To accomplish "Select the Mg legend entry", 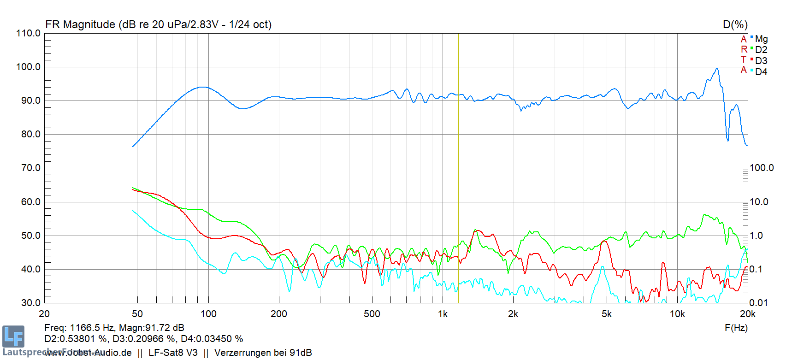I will pyautogui.click(x=761, y=39).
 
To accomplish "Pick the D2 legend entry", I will pyautogui.click(x=761, y=50).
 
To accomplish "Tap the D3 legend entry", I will pyautogui.click(x=761, y=61).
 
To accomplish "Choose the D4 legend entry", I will pyautogui.click(x=761, y=72).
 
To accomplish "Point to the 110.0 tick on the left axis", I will pyautogui.click(x=29, y=33).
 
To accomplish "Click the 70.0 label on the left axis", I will pyautogui.click(x=31, y=168).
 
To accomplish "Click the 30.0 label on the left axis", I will pyautogui.click(x=31, y=303).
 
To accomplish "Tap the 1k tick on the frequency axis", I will pyautogui.click(x=443, y=314).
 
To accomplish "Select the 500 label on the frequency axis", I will pyautogui.click(x=372, y=314).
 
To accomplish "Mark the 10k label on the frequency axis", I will pyautogui.click(x=677, y=314).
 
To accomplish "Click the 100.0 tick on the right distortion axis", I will pyautogui.click(x=762, y=168).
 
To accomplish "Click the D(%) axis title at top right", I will pyautogui.click(x=735, y=25).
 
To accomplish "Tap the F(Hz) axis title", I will pyautogui.click(x=736, y=328).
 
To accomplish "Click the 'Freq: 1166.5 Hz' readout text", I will pyautogui.click(x=79, y=328).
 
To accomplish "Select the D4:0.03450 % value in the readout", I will pyautogui.click(x=212, y=339).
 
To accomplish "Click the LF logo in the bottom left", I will pyautogui.click(x=13, y=336).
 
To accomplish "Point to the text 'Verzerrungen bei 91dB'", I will pyautogui.click(x=263, y=353).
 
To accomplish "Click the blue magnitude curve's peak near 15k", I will pyautogui.click(x=716, y=69).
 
